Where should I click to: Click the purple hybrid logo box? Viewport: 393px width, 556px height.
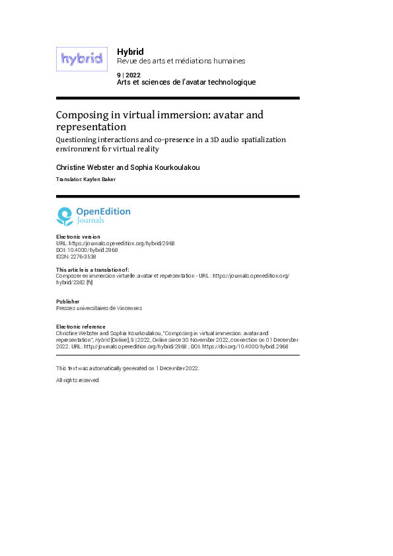pyautogui.click(x=81, y=59)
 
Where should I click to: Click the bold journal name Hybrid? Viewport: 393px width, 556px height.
pyautogui.click(x=130, y=51)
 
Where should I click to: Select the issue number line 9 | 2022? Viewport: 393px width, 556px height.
pyautogui.click(x=128, y=75)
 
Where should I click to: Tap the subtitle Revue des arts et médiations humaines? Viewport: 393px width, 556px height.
pyautogui.click(x=180, y=61)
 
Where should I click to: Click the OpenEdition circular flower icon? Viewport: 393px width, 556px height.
pyautogui.click(x=65, y=216)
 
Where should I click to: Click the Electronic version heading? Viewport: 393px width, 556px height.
pyautogui.click(x=78, y=237)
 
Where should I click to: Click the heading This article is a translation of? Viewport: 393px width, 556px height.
pyautogui.click(x=92, y=270)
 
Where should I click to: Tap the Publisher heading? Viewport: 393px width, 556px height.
pyautogui.click(x=69, y=301)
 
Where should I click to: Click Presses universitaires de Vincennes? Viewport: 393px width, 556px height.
pyautogui.click(x=99, y=308)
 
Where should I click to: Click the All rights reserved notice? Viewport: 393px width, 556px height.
pyautogui.click(x=77, y=380)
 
